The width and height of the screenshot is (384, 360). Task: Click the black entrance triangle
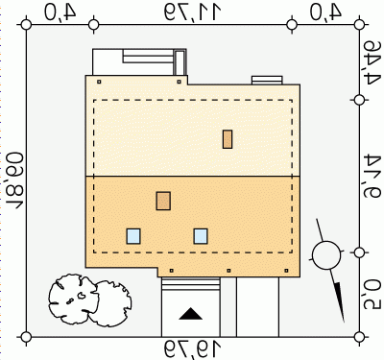[191, 314]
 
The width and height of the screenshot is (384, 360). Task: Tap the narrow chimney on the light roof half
[228, 139]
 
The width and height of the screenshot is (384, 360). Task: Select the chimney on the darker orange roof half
[163, 201]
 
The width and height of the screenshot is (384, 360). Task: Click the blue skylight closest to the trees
[133, 236]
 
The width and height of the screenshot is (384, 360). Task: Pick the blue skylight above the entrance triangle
[201, 236]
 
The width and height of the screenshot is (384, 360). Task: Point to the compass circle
[326, 255]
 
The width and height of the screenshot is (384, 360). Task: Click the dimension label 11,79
[193, 12]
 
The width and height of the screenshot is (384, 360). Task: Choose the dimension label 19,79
[193, 349]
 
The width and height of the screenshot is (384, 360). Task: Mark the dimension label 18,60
[15, 180]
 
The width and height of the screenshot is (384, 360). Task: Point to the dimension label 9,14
[372, 176]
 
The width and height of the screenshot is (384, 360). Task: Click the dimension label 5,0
[372, 295]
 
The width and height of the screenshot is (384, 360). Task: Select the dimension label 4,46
[372, 62]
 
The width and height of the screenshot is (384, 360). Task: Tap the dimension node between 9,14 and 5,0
[359, 252]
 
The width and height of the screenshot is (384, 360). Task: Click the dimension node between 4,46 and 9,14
[359, 100]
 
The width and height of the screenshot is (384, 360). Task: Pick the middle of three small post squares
[228, 271]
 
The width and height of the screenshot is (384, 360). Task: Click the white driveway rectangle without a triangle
[257, 307]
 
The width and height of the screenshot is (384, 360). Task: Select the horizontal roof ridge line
[193, 177]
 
